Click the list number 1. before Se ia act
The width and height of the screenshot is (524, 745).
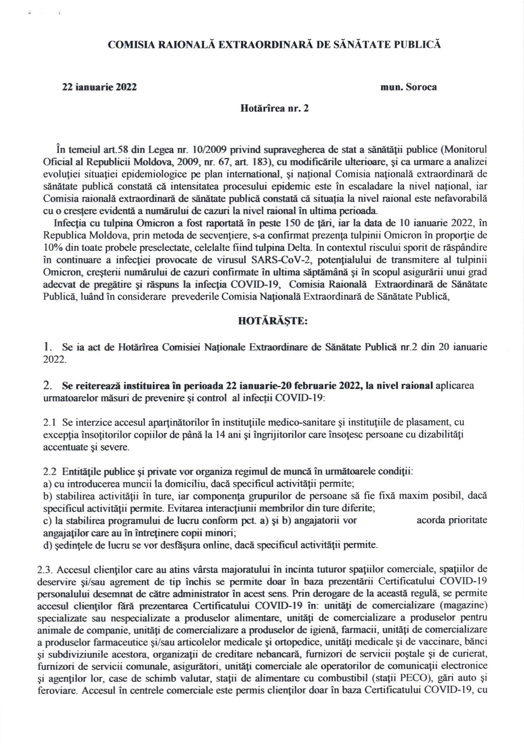(47, 348)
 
